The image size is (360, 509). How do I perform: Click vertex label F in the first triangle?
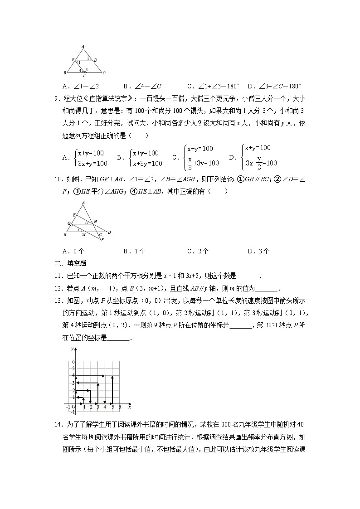[x=84, y=76]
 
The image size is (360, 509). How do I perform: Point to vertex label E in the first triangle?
[x=73, y=60]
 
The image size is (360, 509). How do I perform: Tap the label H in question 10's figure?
[x=95, y=221]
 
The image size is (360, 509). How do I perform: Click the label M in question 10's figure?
[x=83, y=235]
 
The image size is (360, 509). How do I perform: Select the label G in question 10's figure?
[x=69, y=223]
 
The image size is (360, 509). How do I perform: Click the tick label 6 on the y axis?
[x=72, y=361]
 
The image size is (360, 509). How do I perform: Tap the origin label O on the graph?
[x=73, y=407]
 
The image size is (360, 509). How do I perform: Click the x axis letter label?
[x=129, y=402]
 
